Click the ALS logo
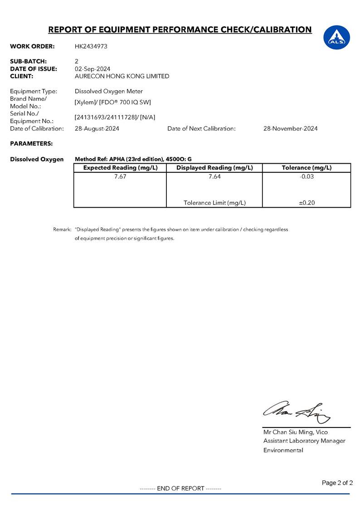pyautogui.click(x=336, y=37)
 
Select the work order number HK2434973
pyautogui.click(x=91, y=46)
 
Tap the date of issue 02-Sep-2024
pyautogui.click(x=92, y=69)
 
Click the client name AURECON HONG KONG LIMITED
pyautogui.click(x=122, y=76)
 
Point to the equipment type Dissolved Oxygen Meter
pyautogui.click(x=108, y=91)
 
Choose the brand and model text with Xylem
pyautogui.click(x=113, y=102)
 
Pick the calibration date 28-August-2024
pyautogui.click(x=97, y=128)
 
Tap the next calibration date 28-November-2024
pyautogui.click(x=290, y=128)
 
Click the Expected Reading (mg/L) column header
pyautogui.click(x=120, y=168)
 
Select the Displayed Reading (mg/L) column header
pyautogui.click(x=214, y=168)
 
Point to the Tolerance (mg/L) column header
pyautogui.click(x=306, y=168)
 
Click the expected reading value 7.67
pyautogui.click(x=120, y=177)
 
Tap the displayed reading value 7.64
pyautogui.click(x=214, y=177)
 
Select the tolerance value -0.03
pyautogui.click(x=306, y=177)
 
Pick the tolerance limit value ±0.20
pyautogui.click(x=306, y=203)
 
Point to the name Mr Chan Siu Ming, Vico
pyautogui.click(x=295, y=432)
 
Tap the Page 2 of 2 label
pyautogui.click(x=337, y=483)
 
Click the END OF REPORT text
pyautogui.click(x=180, y=488)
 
